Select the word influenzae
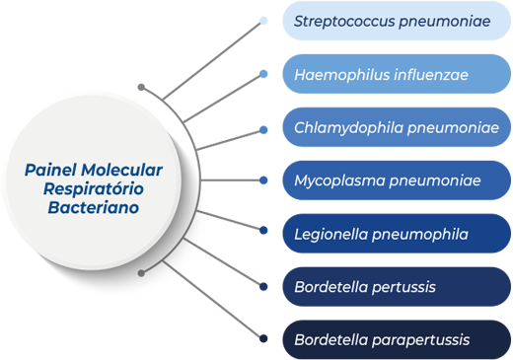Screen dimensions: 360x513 428,74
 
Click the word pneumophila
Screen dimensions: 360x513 419,234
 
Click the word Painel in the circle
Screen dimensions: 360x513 50,171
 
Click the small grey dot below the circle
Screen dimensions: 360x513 142,272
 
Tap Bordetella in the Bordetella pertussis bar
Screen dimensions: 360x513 330,287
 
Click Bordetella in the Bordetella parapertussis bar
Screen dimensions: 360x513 330,340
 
